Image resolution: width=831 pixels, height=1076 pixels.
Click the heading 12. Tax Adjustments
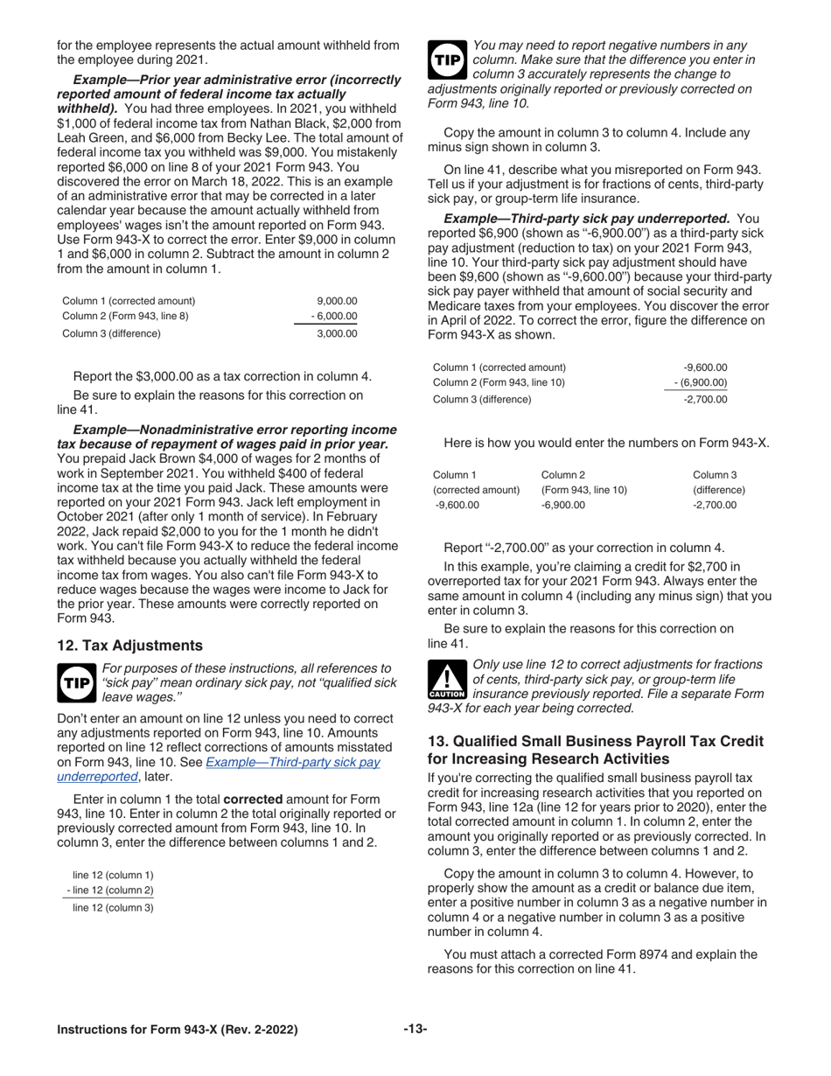[x=129, y=646]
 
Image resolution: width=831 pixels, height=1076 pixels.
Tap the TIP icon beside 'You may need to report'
[x=447, y=59]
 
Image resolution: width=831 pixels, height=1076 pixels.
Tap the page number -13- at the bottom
[x=415, y=1030]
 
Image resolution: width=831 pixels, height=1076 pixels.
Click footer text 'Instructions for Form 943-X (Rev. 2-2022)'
[x=177, y=1030]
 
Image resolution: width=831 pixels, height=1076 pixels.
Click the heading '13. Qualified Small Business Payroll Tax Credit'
[x=595, y=741]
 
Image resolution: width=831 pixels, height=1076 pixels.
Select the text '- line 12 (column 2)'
[x=110, y=891]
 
